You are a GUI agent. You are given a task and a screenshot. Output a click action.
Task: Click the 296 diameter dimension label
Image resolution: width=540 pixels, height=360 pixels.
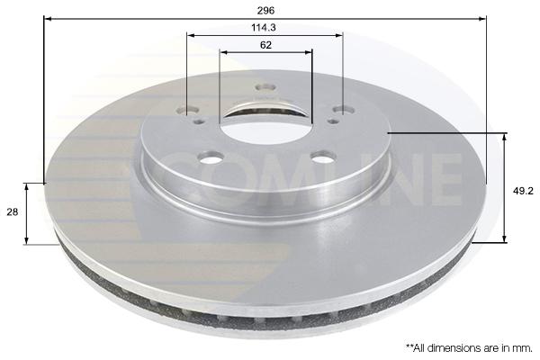pos(265,10)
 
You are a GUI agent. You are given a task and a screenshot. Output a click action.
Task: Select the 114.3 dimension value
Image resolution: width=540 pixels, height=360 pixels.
pos(264,28)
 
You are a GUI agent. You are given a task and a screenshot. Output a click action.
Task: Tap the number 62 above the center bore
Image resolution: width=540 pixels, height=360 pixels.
pos(265,45)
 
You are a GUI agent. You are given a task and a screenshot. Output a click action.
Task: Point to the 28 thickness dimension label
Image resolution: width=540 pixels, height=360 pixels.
pos(13,211)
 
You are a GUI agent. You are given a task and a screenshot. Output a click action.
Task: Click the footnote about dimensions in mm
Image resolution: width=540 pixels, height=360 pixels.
pos(470,348)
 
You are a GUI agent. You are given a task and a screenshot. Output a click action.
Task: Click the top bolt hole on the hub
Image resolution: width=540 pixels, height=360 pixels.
pos(265,86)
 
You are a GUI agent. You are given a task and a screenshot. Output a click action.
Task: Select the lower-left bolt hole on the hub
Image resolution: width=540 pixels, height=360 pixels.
pos(210,157)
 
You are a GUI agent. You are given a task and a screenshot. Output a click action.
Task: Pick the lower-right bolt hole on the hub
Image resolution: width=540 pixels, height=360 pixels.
pos(323,157)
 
